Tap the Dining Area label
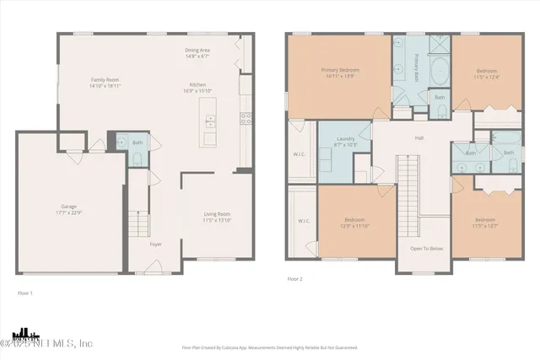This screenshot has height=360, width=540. (197, 50)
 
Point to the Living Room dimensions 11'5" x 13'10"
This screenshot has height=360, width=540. (217, 221)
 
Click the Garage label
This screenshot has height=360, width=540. (68, 206)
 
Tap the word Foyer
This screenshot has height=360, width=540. (156, 244)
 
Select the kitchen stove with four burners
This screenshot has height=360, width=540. (246, 120)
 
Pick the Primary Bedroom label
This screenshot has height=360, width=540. (340, 70)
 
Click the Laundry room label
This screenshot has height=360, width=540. (344, 138)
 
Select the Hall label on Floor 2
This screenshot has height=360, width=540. (418, 138)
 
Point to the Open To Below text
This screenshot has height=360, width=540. (427, 249)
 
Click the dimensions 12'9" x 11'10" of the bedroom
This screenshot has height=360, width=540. (354, 226)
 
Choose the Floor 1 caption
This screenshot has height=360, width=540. (25, 293)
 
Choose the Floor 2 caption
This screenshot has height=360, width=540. (294, 278)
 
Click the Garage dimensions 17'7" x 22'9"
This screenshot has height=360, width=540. (68, 212)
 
